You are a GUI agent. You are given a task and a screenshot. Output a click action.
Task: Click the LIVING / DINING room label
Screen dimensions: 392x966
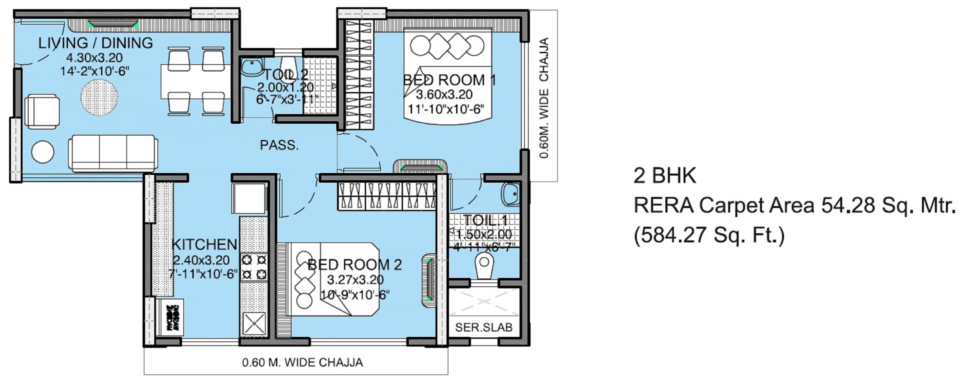click(x=96, y=43)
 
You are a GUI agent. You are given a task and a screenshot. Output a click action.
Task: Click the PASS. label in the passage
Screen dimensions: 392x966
click(x=279, y=145)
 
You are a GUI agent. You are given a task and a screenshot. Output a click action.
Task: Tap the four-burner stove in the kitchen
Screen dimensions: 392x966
click(x=254, y=267)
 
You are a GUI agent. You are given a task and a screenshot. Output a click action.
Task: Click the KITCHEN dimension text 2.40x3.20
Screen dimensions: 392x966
click(x=201, y=260)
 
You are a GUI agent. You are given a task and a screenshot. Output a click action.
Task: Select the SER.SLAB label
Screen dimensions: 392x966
click(x=484, y=328)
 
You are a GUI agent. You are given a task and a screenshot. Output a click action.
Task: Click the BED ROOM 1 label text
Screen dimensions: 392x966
click(x=449, y=80)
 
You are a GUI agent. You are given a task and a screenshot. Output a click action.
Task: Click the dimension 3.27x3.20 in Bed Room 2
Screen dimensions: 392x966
click(x=355, y=280)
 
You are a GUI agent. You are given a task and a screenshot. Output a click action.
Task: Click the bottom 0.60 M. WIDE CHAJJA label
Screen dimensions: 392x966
click(x=302, y=362)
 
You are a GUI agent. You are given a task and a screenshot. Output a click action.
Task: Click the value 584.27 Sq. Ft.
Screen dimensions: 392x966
click(x=709, y=236)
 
